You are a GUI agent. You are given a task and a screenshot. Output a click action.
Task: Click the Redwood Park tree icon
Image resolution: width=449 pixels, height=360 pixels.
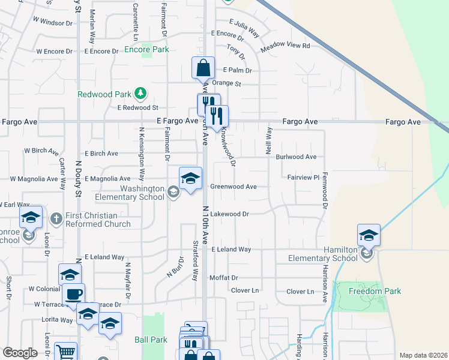tap(140, 94)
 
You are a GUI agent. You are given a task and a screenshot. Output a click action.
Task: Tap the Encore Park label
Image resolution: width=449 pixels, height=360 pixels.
tap(146, 50)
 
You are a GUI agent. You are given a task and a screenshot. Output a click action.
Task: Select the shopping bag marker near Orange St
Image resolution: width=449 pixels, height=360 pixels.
tap(203, 68)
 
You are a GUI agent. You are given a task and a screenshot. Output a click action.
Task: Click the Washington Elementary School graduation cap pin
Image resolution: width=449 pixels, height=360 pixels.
tap(190, 179)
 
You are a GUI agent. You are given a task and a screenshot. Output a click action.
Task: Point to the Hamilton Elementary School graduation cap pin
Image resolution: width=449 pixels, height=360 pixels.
tap(369, 236)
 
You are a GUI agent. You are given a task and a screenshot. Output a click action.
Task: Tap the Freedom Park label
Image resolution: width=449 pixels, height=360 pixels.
tap(368, 292)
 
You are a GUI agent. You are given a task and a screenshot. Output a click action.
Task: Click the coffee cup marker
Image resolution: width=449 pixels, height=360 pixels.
tap(73, 295)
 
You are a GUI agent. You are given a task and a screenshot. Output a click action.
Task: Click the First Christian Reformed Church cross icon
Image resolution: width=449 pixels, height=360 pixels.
tap(56, 217)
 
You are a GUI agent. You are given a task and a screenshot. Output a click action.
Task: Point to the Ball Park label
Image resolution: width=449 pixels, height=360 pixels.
tap(151, 340)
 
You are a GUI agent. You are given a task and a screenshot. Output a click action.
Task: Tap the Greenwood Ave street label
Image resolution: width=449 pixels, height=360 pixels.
tap(233, 187)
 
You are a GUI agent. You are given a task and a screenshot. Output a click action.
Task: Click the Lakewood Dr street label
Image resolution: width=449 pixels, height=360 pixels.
tap(229, 214)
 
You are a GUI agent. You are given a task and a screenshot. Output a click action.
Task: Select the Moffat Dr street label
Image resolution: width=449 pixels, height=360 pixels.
tap(224, 278)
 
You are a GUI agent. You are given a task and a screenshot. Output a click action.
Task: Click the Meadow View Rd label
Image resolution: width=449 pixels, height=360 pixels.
tap(286, 46)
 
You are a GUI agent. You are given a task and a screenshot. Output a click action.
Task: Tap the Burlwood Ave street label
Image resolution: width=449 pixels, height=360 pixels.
tap(296, 157)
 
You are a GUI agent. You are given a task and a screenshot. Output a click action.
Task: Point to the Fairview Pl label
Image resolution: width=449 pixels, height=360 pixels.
tap(303, 178)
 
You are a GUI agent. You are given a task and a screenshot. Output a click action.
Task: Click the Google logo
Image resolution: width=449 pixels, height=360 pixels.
tap(20, 353)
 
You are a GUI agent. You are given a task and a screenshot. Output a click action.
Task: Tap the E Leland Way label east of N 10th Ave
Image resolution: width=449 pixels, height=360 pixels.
tap(231, 249)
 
